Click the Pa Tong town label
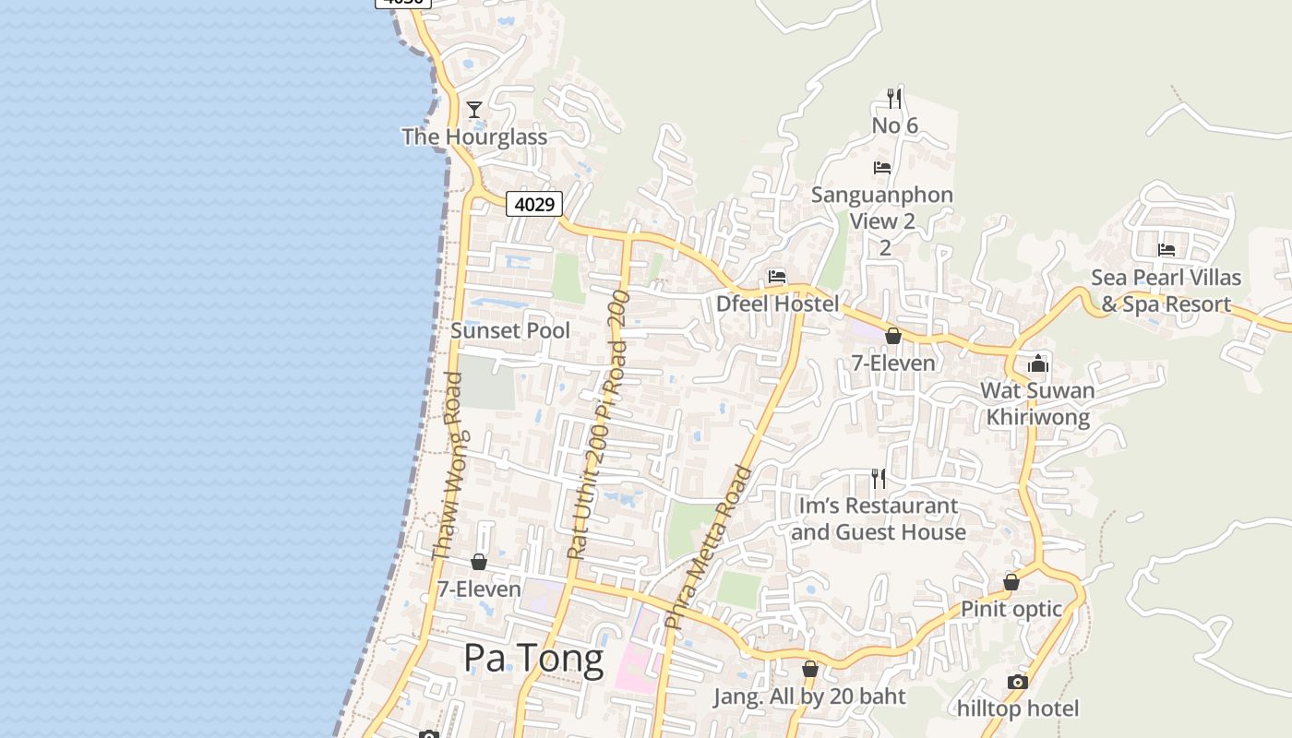coord(533,658)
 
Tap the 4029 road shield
coord(534,204)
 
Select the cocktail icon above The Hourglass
coord(474,110)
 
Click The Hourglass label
coord(474,137)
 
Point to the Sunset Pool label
coord(510,330)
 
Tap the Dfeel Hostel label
coord(778,304)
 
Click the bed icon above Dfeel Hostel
coord(777,277)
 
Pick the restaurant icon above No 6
coord(893,98)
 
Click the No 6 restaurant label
coord(894,125)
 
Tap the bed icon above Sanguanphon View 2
coord(882,168)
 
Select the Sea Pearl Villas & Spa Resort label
coord(1166,291)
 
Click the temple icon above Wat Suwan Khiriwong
coord(1038,363)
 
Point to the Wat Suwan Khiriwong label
coord(1038,403)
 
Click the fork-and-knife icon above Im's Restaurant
coord(879,478)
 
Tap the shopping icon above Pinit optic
coord(1011,582)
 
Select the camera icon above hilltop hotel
coord(1018,682)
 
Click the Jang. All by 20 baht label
coord(809,696)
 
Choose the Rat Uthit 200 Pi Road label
coord(598,425)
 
